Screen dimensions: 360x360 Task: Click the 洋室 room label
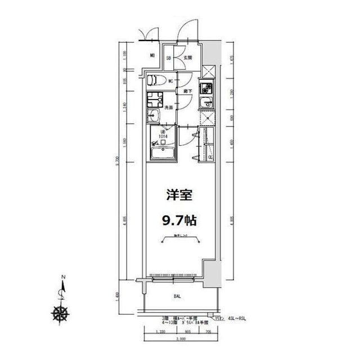click(179, 196)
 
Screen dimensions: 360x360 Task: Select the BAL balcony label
click(176, 295)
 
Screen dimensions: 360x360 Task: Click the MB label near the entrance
click(152, 56)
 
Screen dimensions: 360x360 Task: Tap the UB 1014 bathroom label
click(163, 133)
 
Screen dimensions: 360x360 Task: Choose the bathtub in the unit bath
click(163, 153)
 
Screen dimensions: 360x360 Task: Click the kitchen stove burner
click(206, 89)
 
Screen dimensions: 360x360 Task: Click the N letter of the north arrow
click(64, 277)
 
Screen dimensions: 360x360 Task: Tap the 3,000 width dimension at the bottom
click(180, 340)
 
